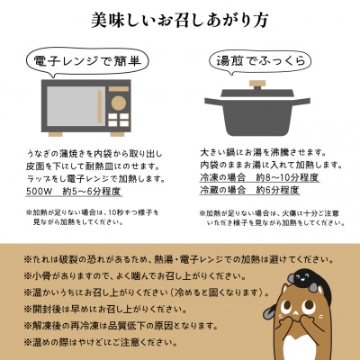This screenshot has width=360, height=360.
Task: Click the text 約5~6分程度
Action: point(117,191)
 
